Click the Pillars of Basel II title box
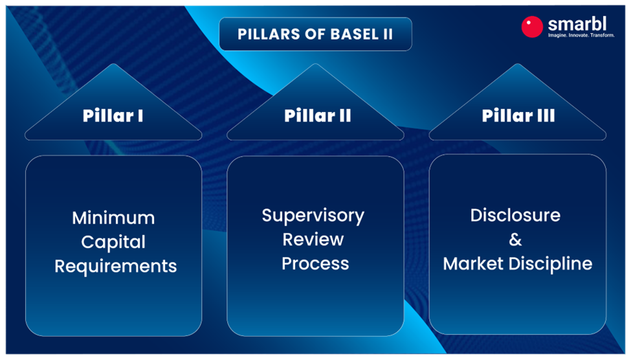click(x=315, y=34)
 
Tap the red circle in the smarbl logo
click(x=532, y=27)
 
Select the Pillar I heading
click(x=113, y=116)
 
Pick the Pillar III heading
click(x=518, y=116)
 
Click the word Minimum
click(x=113, y=218)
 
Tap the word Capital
click(x=113, y=242)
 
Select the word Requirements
click(x=115, y=266)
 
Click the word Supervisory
click(x=313, y=215)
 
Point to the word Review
click(x=313, y=239)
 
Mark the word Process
click(x=315, y=264)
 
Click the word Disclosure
click(x=515, y=215)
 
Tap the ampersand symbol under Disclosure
click(x=515, y=240)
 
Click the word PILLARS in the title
click(x=265, y=34)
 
